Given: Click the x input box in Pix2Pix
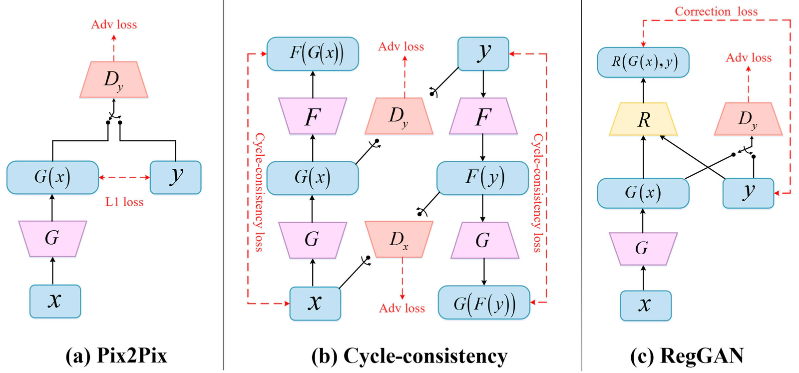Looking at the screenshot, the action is coord(55,301).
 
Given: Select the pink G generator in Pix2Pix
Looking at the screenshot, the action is coord(52,239).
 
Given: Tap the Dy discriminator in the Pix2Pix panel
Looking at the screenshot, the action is coord(114,79).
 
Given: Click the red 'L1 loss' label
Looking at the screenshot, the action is coord(124,202).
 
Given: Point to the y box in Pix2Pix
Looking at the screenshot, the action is coord(175,177).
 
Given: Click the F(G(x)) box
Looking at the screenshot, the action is coord(313,54).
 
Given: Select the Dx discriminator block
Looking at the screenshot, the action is coord(399,239).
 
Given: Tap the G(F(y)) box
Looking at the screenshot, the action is coord(484,303).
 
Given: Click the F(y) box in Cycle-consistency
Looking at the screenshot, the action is coord(482,178).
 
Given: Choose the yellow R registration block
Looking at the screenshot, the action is coord(644,119).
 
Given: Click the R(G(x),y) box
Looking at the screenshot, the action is coord(644,62).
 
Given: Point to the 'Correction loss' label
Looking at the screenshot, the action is coord(716,11).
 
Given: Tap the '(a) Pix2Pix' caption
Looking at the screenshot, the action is coord(116,356).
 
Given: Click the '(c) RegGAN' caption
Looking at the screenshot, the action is coord(687,356).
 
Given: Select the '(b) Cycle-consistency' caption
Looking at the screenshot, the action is coord(409,356).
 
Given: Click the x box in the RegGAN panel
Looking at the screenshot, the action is coord(646,306).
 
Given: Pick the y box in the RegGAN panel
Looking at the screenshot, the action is coord(749,193).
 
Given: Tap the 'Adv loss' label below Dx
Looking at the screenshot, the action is coord(402,308).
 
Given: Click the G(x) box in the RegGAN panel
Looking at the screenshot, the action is coord(644,193).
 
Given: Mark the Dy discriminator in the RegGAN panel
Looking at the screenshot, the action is coord(749,119).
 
